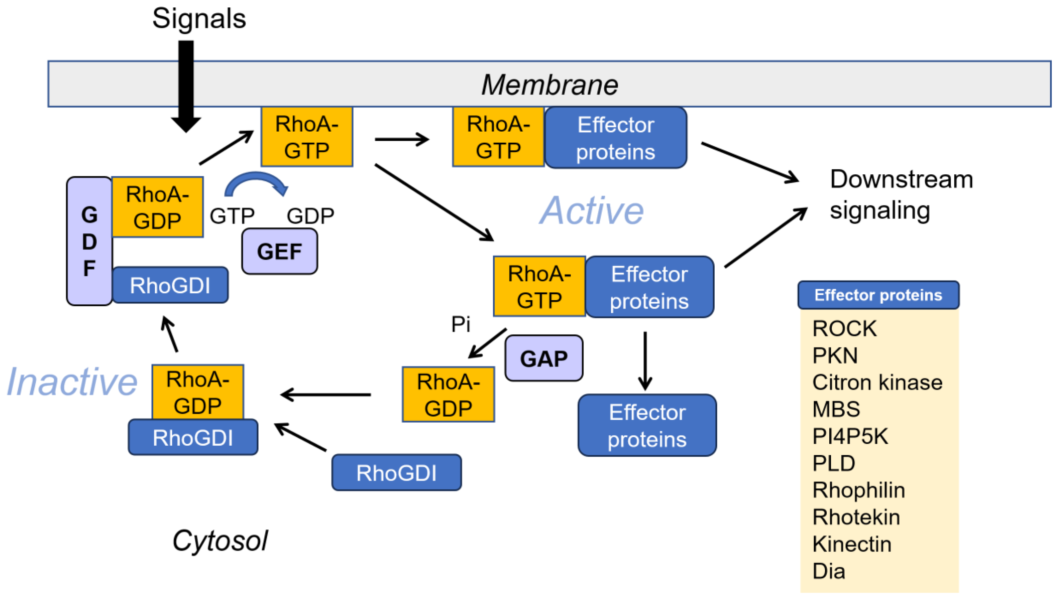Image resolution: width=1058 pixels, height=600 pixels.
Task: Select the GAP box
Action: point(544,358)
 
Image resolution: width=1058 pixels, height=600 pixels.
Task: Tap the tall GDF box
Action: point(89,241)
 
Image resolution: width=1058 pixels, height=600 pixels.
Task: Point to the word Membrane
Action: point(550,85)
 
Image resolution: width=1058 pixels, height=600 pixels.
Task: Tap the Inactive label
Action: point(72,382)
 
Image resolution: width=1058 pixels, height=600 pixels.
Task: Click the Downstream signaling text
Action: point(901,195)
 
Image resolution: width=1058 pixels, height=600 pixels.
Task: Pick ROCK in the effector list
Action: point(844,328)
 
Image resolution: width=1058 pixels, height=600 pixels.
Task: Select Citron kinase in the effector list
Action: point(877,382)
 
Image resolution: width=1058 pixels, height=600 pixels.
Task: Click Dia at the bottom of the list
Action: point(828,571)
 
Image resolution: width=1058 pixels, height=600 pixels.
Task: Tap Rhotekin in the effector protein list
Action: point(856,517)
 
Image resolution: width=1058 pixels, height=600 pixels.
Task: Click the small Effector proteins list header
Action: point(878,295)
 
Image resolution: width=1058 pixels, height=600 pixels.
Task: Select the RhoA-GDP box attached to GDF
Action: point(157,207)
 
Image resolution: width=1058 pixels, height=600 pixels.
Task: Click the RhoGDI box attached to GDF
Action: point(170,285)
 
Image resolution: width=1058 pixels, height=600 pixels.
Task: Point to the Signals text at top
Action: point(199,19)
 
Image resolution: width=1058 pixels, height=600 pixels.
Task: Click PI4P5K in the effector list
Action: point(850,436)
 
